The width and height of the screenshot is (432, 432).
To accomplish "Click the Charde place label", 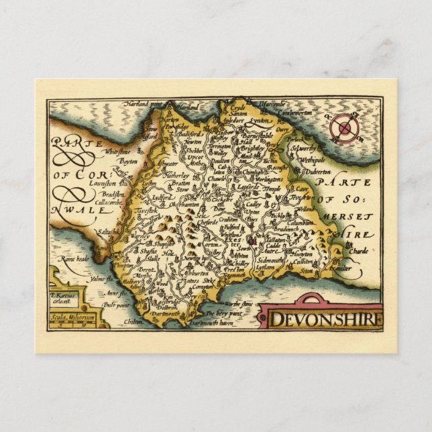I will click(359, 252).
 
